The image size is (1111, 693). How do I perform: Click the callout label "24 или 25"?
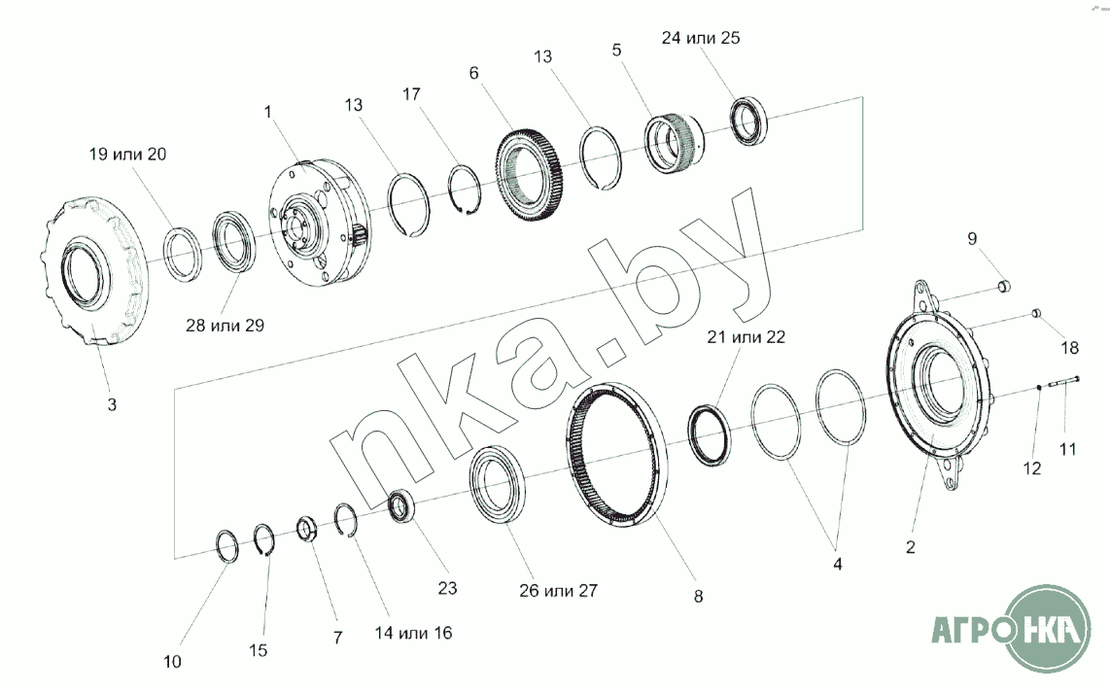tap(701, 38)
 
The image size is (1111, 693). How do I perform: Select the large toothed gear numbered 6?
tap(529, 175)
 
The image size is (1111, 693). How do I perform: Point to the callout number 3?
tap(111, 404)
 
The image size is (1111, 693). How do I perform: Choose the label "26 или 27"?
tap(558, 590)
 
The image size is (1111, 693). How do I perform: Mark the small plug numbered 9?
tap(1004, 286)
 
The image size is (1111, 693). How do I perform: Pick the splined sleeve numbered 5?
tap(672, 145)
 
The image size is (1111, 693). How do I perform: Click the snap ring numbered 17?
tap(464, 191)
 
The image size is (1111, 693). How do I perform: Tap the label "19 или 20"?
tap(127, 154)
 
